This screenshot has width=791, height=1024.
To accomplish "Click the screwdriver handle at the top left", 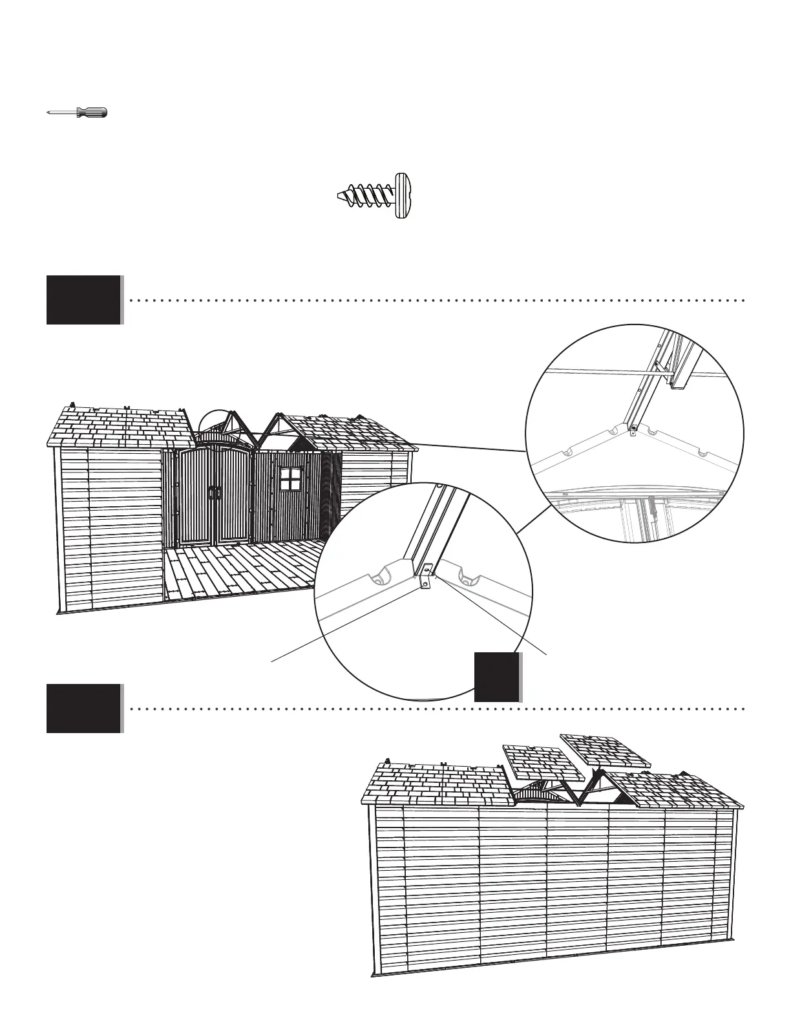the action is (x=92, y=112).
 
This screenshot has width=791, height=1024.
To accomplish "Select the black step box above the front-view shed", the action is (x=84, y=300).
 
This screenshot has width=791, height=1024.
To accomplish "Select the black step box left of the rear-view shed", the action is (x=84, y=709).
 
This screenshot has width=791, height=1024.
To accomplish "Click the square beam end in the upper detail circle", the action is (x=679, y=385).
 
